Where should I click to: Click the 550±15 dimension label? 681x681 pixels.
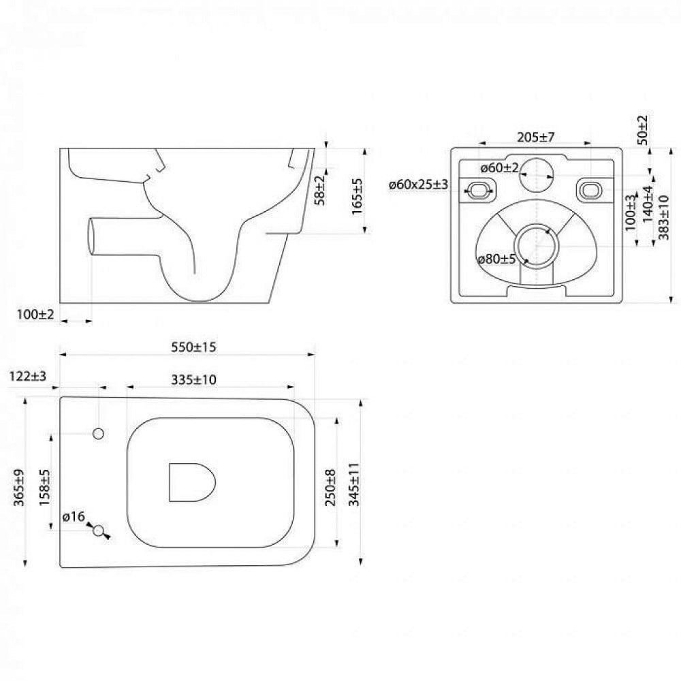coord(193,347)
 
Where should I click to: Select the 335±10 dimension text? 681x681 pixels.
coord(193,379)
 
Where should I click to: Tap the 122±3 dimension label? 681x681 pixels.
coord(27,376)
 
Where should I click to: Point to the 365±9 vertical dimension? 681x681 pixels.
coord(19,488)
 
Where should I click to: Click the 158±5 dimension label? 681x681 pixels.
coord(45,488)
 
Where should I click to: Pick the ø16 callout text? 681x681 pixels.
coord(74,517)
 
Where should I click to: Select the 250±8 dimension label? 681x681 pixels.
coord(330,488)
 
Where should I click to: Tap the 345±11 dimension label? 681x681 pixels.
coord(354,484)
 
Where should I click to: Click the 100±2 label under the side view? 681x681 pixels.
coord(35,315)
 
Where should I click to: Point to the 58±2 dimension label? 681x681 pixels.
coord(319,190)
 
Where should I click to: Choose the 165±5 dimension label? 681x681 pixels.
coord(357,196)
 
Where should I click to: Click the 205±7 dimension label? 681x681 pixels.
coord(535,138)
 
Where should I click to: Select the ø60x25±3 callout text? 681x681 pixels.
coord(418,185)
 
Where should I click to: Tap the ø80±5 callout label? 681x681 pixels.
coord(497,259)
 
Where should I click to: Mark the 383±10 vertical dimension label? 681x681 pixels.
coord(664,217)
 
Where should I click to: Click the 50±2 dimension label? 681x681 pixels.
coord(644,130)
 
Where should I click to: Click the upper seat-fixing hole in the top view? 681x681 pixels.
coord(99,433)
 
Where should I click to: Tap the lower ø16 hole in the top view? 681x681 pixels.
coord(99,530)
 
